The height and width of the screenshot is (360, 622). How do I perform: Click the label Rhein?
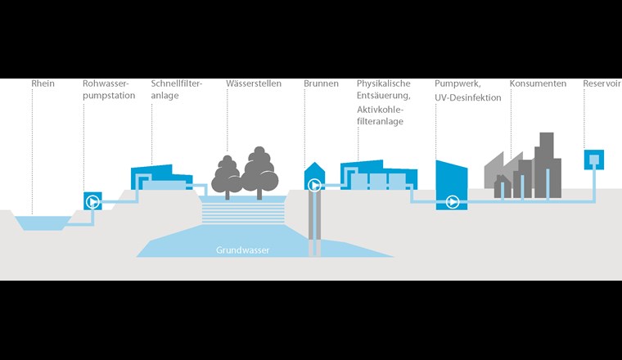[43, 84]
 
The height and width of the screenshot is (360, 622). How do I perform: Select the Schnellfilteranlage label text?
[176, 90]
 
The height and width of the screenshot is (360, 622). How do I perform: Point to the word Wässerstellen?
[254, 84]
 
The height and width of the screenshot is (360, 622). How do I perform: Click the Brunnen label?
[321, 84]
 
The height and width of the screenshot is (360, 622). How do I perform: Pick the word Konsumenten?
[538, 84]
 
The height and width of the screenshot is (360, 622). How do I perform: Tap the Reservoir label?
[602, 84]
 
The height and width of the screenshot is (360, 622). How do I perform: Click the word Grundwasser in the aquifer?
[242, 250]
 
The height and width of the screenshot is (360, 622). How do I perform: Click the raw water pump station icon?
[92, 200]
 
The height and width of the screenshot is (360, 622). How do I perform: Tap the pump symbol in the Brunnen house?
[314, 186]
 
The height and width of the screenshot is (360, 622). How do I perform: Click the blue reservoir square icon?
[594, 158]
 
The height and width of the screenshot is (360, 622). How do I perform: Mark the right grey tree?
[259, 170]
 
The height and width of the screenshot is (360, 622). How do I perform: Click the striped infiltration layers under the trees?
[243, 212]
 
